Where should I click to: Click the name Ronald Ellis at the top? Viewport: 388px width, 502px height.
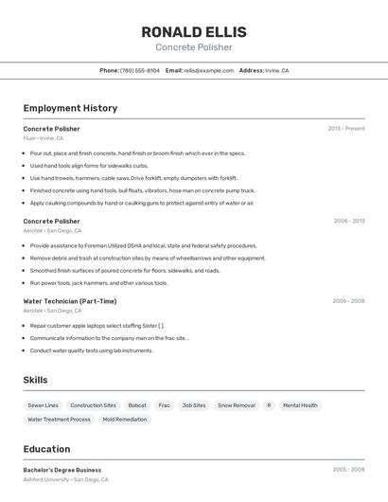click(193, 31)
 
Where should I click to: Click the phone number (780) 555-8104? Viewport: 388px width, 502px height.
click(139, 70)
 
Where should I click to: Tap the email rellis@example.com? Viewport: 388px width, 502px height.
click(208, 70)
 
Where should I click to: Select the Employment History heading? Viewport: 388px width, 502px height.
click(70, 108)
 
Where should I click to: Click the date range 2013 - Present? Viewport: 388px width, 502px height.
click(345, 128)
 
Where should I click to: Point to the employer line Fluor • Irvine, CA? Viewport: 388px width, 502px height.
click(44, 138)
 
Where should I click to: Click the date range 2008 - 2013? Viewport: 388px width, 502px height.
click(348, 221)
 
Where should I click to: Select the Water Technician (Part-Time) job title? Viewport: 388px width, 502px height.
click(70, 301)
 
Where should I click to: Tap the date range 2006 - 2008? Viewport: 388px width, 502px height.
click(348, 301)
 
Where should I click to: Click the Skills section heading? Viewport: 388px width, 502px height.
click(36, 380)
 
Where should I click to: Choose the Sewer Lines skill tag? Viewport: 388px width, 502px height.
click(43, 405)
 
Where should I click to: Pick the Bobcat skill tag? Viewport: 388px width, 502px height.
click(137, 405)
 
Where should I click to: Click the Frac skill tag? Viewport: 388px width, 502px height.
click(164, 405)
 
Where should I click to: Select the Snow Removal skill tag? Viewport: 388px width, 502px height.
click(237, 405)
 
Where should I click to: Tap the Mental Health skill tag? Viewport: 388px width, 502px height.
click(300, 405)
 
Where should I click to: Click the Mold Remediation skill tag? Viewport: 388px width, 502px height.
click(125, 420)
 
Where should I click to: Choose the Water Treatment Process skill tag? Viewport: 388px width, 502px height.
click(59, 420)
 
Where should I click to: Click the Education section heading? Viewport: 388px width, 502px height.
click(46, 449)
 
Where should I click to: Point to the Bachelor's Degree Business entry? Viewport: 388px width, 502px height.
click(62, 470)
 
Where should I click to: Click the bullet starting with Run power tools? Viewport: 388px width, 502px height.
click(98, 282)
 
